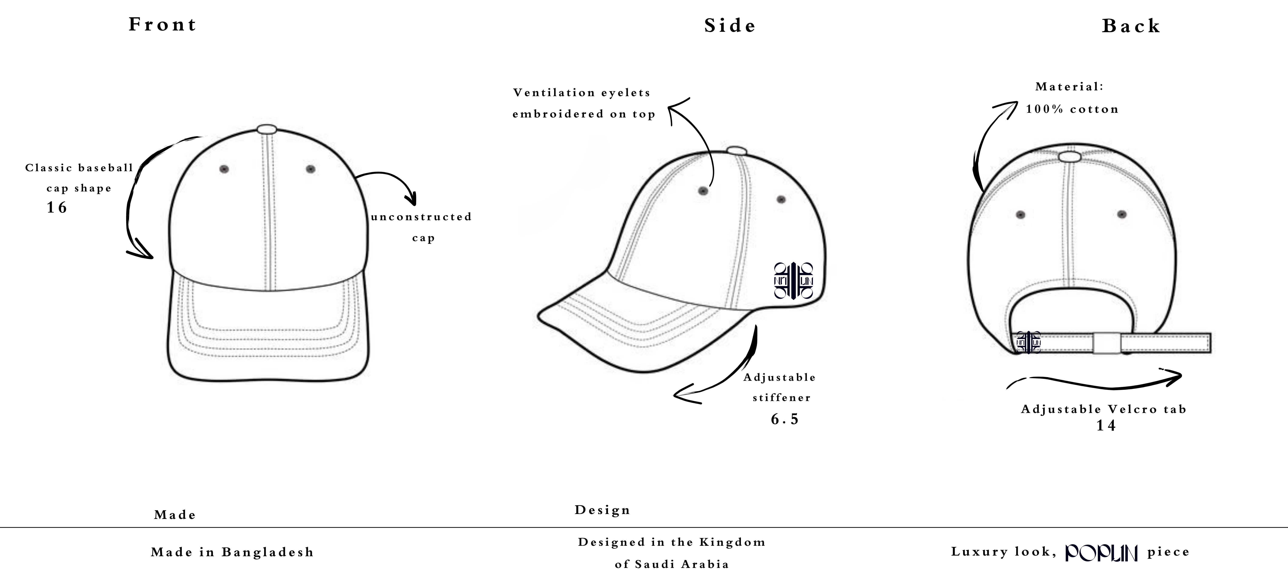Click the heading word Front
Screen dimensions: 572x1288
(162, 25)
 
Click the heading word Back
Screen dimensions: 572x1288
(1131, 26)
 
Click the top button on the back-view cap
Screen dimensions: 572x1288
(1069, 157)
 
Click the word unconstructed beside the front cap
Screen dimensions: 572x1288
(421, 217)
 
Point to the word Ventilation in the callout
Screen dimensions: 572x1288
(553, 93)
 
